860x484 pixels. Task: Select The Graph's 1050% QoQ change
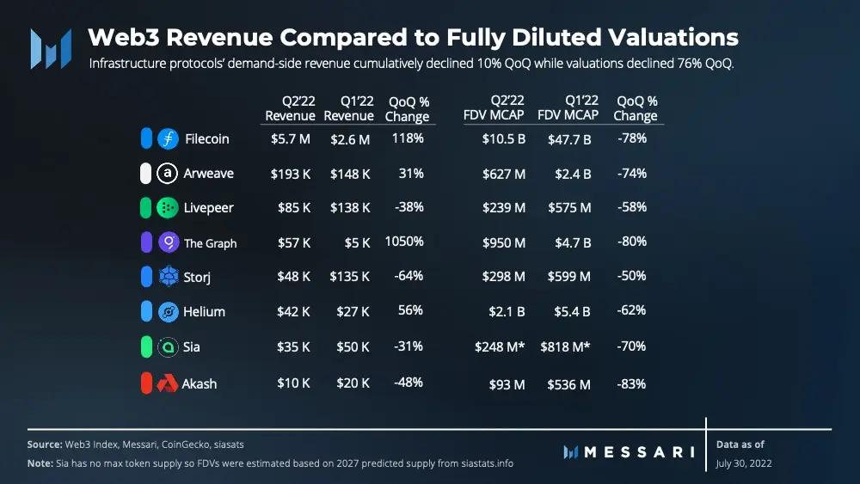pyautogui.click(x=404, y=242)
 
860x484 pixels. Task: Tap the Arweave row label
pyautogui.click(x=208, y=174)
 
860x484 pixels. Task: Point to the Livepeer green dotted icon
pyautogui.click(x=168, y=208)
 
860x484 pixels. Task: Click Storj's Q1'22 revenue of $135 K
pyautogui.click(x=350, y=277)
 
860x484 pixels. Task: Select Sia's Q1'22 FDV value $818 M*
pyautogui.click(x=567, y=346)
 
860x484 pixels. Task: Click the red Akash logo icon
pyautogui.click(x=168, y=383)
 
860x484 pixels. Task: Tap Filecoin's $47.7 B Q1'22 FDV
pyautogui.click(x=569, y=138)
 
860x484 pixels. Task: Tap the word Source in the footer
pyautogui.click(x=45, y=444)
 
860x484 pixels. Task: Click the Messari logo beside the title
pyautogui.click(x=50, y=49)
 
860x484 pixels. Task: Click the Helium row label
pyautogui.click(x=204, y=312)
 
